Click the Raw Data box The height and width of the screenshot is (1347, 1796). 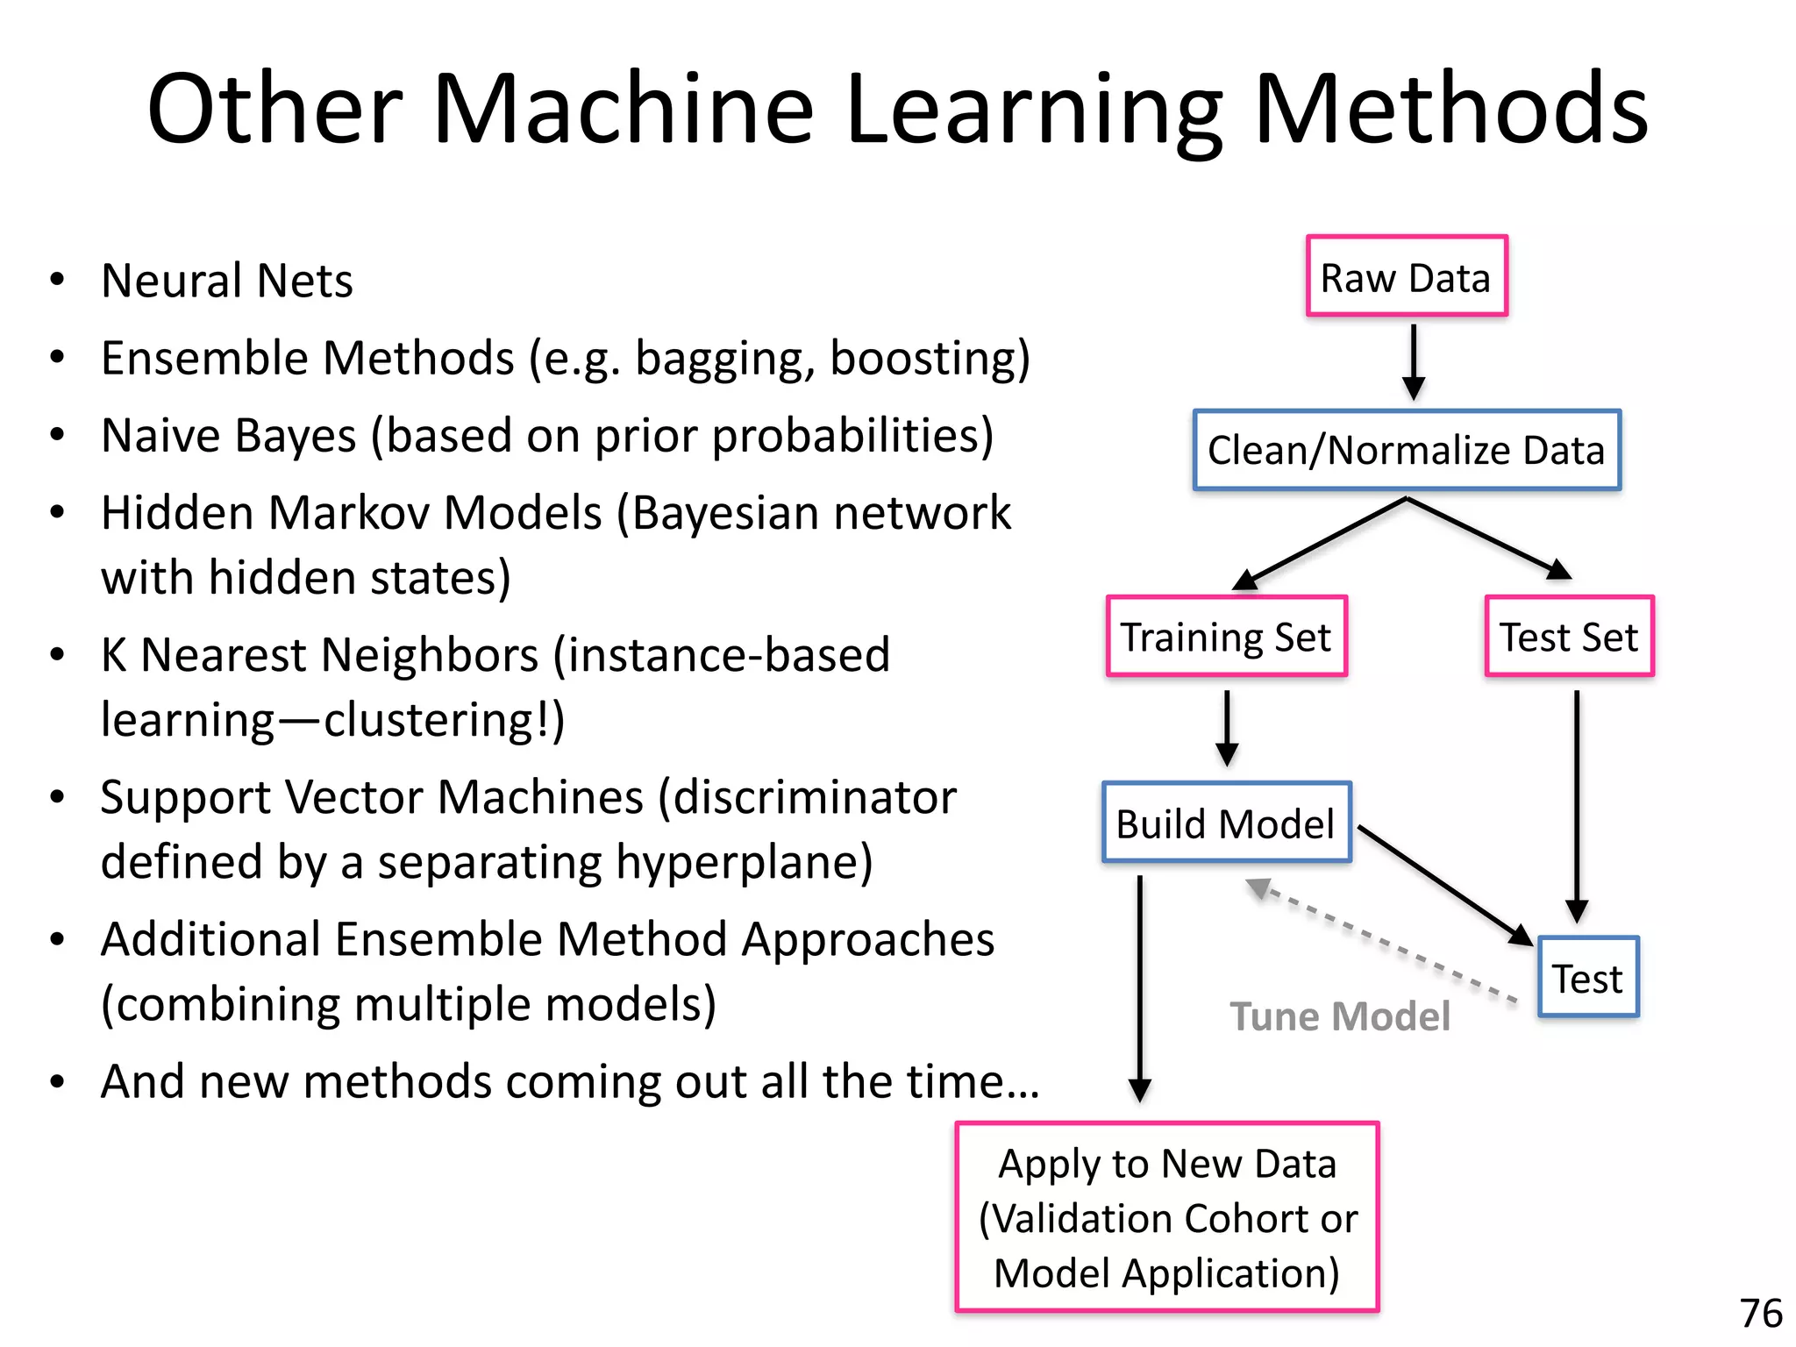pos(1406,277)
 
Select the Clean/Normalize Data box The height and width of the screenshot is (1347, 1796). pos(1406,450)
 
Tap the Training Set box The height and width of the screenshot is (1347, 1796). pos(1226,637)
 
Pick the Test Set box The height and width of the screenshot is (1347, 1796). pos(1568,637)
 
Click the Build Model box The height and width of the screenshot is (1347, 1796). pos(1226,823)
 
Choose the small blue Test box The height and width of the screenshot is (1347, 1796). pos(1587,978)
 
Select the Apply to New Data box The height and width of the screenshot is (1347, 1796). pos(1167,1217)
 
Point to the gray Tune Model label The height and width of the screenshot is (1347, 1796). pos(1339,1016)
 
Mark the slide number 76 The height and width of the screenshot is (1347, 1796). pos(1760,1314)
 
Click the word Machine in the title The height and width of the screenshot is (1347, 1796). pos(623,109)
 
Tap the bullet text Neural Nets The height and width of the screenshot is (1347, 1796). pos(226,282)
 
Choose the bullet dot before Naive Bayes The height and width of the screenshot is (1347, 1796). pos(58,435)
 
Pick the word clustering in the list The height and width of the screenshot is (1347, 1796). pos(425,721)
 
